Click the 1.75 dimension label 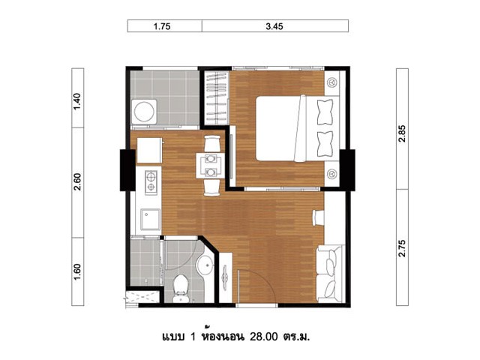(x=162, y=26)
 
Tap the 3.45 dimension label (x=274, y=26)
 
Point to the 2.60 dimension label (x=78, y=181)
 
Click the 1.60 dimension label (x=78, y=271)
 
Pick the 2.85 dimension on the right (x=402, y=133)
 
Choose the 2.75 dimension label (x=402, y=248)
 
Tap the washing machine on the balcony (x=144, y=112)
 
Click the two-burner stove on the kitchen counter (x=151, y=182)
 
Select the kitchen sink (x=150, y=219)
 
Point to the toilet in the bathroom (x=180, y=288)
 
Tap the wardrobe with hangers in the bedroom (x=217, y=97)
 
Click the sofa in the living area (x=330, y=273)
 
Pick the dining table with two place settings (x=211, y=166)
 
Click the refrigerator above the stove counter (x=150, y=150)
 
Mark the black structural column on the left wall (x=127, y=170)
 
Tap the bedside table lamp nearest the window (x=331, y=82)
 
